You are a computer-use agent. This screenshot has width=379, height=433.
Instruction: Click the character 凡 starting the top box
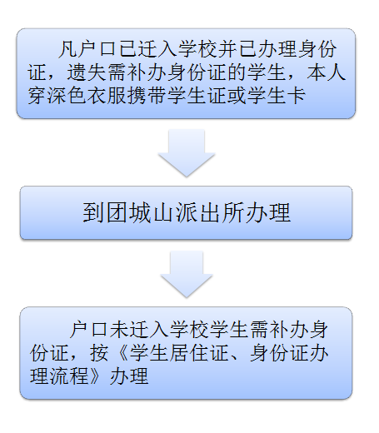67,49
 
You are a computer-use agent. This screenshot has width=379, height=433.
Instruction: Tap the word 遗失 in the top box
87,72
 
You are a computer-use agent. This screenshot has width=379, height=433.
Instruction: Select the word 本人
327,72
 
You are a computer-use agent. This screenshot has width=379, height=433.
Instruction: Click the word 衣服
107,96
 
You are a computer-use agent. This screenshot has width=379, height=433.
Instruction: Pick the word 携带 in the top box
147,96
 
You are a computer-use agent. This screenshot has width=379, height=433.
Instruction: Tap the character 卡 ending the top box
297,96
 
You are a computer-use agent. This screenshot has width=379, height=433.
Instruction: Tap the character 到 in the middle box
94,213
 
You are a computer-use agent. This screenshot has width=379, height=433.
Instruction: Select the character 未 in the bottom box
119,331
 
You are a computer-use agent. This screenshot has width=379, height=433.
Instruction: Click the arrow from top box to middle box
187,152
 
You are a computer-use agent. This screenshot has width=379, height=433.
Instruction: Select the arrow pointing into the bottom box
187,274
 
